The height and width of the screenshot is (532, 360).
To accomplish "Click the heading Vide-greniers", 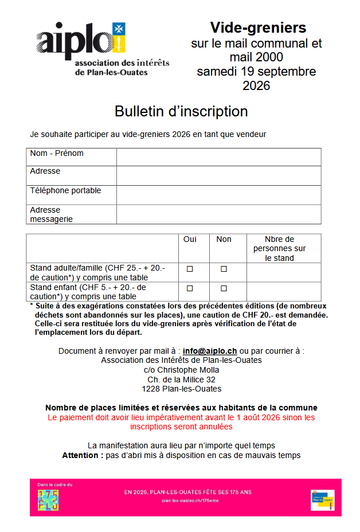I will (x=257, y=28).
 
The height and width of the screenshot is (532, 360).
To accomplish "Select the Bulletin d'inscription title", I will (x=181, y=111).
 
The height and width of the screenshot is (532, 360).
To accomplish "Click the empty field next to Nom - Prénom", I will (x=218, y=157).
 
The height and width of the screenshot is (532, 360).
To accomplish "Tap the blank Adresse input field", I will (x=218, y=175).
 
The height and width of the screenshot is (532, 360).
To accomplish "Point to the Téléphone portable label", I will (x=65, y=190).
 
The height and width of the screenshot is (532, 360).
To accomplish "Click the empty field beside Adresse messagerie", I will (x=218, y=214).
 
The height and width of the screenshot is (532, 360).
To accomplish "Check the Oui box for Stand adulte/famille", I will (x=189, y=268).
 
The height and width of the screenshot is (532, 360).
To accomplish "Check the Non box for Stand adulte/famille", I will (x=224, y=268).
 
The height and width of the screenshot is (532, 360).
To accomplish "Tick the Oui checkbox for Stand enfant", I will (x=189, y=288).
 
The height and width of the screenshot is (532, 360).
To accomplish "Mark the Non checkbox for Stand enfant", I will (x=224, y=288).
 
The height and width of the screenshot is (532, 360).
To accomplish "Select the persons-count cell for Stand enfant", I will (x=283, y=291).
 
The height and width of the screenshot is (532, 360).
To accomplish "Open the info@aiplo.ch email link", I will (x=210, y=351).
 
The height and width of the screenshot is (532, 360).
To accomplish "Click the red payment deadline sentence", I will (x=181, y=422).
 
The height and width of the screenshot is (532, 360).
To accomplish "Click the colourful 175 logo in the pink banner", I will (x=48, y=500).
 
